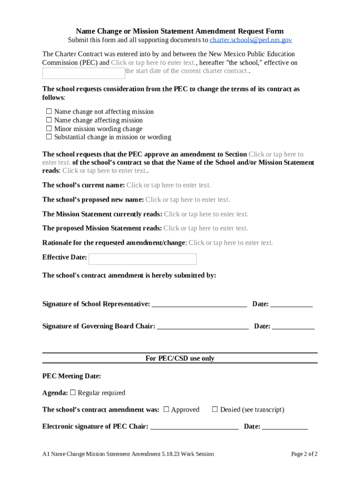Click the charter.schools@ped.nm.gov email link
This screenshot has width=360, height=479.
pos(251,40)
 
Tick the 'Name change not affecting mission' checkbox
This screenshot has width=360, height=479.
pos(49,111)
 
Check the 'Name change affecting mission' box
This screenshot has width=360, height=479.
pos(49,120)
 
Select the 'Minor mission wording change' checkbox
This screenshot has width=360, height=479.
pos(49,129)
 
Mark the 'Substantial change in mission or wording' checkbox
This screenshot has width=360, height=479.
pos(49,137)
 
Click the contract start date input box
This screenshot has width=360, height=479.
pos(84,73)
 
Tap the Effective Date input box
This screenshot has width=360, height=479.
pos(143,259)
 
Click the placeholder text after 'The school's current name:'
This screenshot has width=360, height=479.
pos(168,185)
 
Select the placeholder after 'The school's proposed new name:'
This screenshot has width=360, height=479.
pos(187,200)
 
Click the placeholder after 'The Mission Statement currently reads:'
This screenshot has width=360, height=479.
pos(206,214)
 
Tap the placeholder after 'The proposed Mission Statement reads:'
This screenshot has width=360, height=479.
pos(206,228)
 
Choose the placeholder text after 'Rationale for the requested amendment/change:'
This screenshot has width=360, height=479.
pos(230,243)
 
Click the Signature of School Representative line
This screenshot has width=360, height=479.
pos(200,305)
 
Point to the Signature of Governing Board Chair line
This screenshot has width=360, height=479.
pos(202,327)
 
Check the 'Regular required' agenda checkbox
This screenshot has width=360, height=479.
pos(73,392)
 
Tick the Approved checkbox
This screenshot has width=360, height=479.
pos(166,409)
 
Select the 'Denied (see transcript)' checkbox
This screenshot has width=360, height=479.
pos(215,409)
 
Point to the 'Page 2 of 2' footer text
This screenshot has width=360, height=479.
pos(304,454)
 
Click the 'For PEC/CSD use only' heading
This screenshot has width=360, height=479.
pos(180,358)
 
